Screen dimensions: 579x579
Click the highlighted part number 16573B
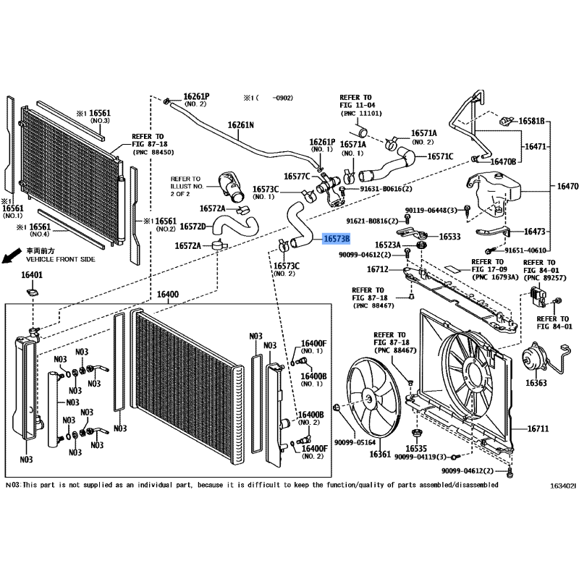pyautogui.click(x=337, y=239)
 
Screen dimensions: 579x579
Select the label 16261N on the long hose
pyautogui.click(x=241, y=125)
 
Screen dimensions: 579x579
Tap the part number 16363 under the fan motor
pyautogui.click(x=536, y=383)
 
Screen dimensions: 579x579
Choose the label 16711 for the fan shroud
pyautogui.click(x=538, y=428)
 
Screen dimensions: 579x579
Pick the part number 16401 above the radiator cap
pyautogui.click(x=32, y=275)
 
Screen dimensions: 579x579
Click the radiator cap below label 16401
pyautogui.click(x=33, y=293)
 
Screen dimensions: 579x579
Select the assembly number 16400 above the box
pyautogui.click(x=168, y=295)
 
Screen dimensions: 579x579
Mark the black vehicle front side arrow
pyautogui.click(x=12, y=255)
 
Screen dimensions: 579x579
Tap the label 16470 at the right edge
pyautogui.click(x=567, y=187)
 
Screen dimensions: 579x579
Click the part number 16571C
pyautogui.click(x=440, y=156)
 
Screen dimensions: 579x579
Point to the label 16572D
pyautogui.click(x=193, y=227)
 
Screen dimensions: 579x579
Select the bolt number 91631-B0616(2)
pyautogui.click(x=386, y=189)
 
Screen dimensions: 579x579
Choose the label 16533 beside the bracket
pyautogui.click(x=449, y=237)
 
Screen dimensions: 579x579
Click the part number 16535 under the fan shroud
pyautogui.click(x=416, y=448)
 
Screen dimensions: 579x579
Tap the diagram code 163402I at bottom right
pyautogui.click(x=563, y=486)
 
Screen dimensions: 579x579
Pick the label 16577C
pyautogui.click(x=297, y=176)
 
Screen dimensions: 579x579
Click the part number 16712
pyautogui.click(x=377, y=269)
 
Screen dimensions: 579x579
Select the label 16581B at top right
pyautogui.click(x=531, y=121)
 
